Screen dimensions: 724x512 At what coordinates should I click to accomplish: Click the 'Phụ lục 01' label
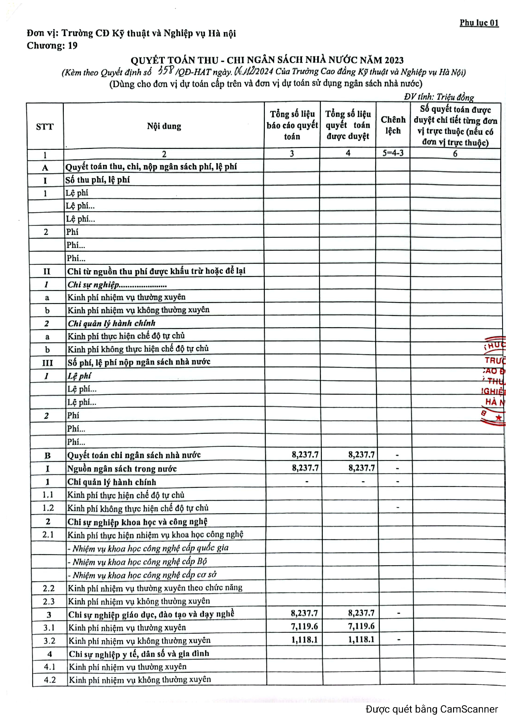479,23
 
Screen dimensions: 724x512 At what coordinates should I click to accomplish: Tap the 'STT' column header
45,127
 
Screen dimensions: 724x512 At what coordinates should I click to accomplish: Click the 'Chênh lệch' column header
393,125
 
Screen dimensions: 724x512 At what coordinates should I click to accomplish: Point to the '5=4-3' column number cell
393,153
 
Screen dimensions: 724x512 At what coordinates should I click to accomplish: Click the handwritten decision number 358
166,70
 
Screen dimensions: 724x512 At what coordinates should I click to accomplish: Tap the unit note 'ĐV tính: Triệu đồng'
439,97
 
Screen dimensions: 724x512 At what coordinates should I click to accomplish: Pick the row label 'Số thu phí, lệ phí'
98,180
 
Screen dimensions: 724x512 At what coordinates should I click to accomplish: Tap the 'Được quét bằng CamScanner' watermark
431,709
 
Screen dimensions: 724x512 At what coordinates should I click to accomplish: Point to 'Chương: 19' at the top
52,46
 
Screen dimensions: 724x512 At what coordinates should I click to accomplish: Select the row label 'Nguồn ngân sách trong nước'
122,469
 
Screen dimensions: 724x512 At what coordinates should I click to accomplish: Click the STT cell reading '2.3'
49,601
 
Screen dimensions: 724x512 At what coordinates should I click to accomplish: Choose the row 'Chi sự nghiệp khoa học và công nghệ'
137,522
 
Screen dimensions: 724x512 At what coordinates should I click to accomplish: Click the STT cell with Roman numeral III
47,362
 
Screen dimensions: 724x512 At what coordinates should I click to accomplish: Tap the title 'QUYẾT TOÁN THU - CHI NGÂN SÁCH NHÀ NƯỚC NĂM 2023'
267,60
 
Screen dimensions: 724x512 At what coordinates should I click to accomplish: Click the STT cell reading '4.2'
50,680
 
